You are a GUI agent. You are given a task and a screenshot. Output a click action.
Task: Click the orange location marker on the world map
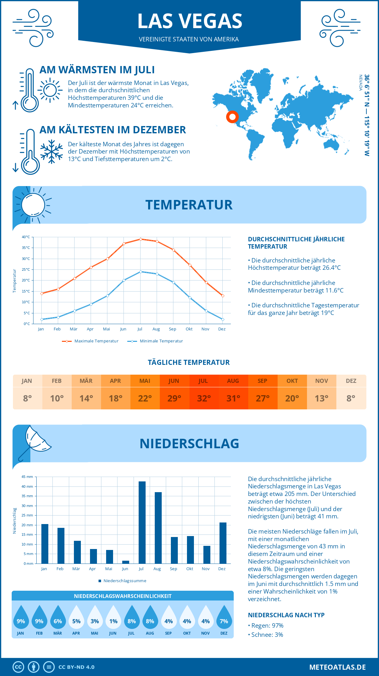tap(232, 117)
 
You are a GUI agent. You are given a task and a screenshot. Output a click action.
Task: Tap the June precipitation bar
tap(126, 562)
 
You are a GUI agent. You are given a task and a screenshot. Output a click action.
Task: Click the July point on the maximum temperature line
tap(141, 239)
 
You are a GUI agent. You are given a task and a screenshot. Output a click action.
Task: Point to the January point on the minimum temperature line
tap(42, 319)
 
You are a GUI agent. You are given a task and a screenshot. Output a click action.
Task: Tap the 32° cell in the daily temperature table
tap(204, 398)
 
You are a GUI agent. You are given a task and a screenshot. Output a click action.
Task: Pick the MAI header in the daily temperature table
tap(145, 381)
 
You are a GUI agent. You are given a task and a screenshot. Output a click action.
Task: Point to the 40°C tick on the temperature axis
tap(26, 237)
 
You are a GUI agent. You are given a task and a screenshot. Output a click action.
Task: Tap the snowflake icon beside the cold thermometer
tap(51, 151)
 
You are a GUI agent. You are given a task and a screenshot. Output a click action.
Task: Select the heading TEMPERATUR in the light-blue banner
tap(189, 205)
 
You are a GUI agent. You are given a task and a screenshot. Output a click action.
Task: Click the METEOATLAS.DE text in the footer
tap(337, 667)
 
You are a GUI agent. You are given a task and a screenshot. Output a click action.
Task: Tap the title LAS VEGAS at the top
tap(189, 21)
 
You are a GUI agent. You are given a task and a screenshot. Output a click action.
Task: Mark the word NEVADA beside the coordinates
tap(360, 83)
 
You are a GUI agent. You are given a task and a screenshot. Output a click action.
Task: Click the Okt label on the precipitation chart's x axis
tap(189, 569)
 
